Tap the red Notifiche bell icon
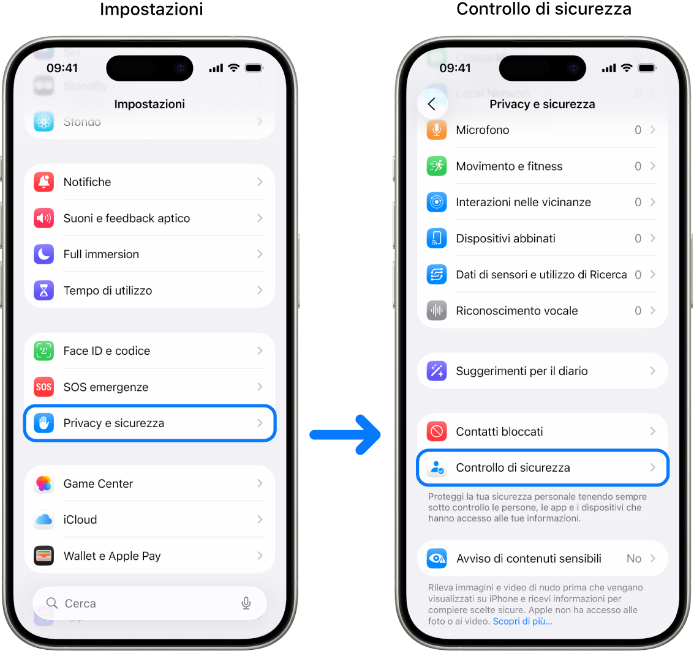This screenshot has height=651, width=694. pos(43,182)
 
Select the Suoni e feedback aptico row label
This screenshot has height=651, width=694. pos(127,218)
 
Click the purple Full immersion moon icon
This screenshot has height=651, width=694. pos(43,254)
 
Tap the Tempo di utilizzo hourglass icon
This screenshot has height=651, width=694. pos(43,291)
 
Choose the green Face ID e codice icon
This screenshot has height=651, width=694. pos(43,351)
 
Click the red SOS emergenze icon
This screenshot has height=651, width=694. pos(43,387)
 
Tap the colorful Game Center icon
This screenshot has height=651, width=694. pos(43,483)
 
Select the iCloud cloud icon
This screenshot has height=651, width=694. pos(43,519)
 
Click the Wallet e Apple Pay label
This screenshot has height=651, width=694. pos(112,556)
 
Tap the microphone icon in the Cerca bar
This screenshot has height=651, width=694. pos(246,603)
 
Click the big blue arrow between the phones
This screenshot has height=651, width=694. pos(345,434)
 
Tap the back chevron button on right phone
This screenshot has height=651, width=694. pos(432,104)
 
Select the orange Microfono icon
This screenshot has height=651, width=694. pos(436,130)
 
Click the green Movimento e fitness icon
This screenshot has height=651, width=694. pos(436,166)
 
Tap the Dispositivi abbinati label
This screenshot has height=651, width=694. pos(505,238)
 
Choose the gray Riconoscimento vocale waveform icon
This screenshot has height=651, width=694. pos(436,311)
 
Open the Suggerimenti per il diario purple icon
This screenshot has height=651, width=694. pos(436,371)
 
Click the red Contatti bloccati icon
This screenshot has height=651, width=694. pos(436,431)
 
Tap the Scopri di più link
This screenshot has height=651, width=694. pos(522,621)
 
